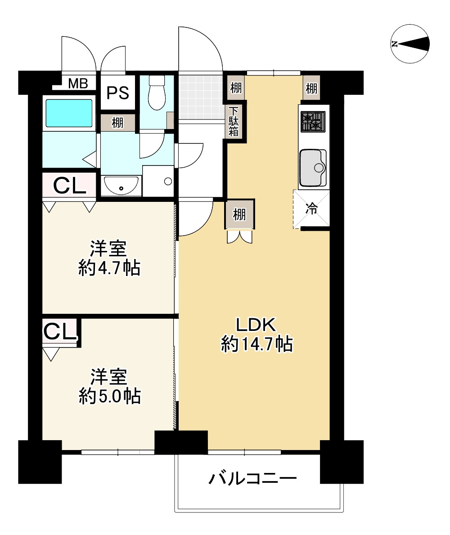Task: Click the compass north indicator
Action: [409, 44]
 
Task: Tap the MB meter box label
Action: [78, 83]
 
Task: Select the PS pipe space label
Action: [118, 93]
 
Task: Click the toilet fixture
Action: [157, 92]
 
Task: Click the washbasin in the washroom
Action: [121, 185]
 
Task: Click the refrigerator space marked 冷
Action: [311, 209]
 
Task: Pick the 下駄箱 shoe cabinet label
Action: [234, 121]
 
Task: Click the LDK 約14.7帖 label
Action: [256, 334]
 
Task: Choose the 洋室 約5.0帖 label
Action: [110, 386]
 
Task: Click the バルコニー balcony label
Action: [252, 479]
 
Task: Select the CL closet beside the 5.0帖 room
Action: [60, 331]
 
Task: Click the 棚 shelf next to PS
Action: [118, 123]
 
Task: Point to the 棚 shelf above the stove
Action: [311, 89]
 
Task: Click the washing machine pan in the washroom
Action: [158, 181]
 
